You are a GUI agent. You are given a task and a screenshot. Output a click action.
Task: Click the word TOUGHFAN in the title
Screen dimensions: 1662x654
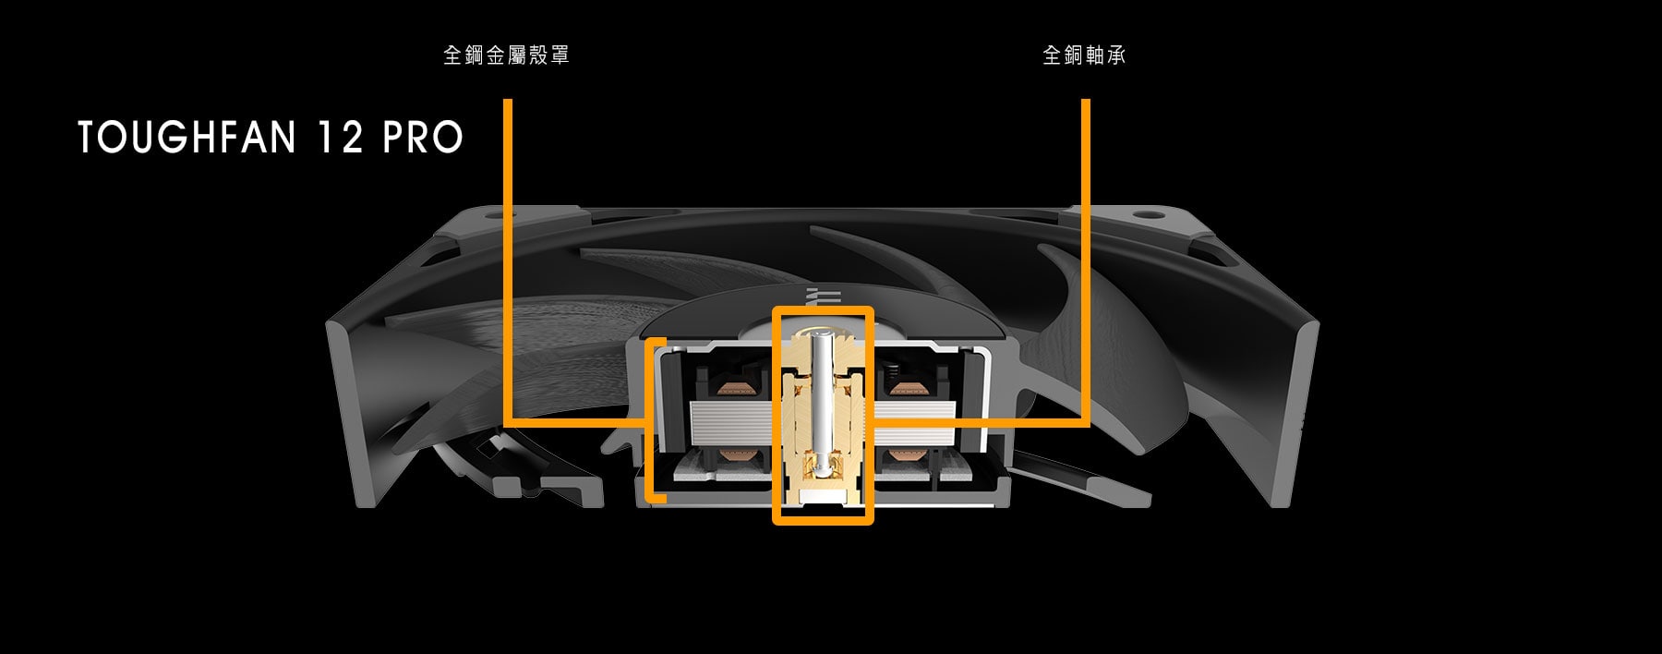(x=187, y=138)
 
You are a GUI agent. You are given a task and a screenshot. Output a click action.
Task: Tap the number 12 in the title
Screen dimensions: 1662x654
(x=339, y=138)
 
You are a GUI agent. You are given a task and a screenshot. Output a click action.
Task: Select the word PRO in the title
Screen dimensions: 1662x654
(x=423, y=138)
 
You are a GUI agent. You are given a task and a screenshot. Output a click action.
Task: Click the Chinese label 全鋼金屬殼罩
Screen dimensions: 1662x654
(x=506, y=55)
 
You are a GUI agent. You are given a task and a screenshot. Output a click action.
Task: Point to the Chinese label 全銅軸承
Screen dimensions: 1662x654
(x=1084, y=55)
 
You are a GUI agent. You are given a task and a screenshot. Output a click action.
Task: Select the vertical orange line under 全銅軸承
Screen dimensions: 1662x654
(x=1086, y=261)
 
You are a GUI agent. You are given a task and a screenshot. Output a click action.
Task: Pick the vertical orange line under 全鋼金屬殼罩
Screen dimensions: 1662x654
(x=508, y=261)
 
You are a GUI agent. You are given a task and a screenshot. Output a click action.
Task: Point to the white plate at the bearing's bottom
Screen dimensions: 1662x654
(x=822, y=498)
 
